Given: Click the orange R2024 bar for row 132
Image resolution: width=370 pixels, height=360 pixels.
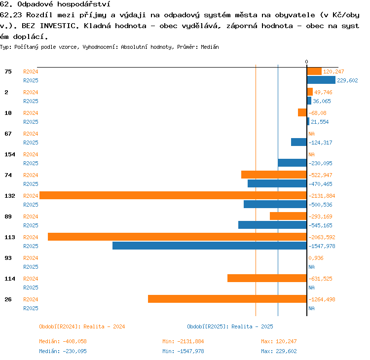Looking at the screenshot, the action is [x=173, y=195].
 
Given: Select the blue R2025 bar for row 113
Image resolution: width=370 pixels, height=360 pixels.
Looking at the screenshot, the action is [x=210, y=246].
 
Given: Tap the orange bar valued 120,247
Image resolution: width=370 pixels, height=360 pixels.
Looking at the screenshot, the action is [x=314, y=71].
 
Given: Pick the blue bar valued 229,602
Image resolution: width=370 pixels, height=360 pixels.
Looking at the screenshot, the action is [x=321, y=80].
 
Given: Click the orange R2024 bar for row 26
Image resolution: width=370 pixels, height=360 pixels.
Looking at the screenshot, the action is [x=227, y=299].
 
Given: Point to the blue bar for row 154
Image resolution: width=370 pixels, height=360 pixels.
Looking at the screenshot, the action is [x=293, y=163].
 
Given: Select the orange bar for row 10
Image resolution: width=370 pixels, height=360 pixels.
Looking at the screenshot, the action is [x=302, y=112].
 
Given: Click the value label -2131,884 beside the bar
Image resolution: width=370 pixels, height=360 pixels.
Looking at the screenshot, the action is [x=322, y=196].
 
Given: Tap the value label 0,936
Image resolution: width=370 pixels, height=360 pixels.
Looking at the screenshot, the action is [x=316, y=258].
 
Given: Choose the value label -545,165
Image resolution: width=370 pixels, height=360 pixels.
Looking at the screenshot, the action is [x=320, y=225].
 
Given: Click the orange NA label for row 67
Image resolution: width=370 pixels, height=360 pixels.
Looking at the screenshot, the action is [x=311, y=134].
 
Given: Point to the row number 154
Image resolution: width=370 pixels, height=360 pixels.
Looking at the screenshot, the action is [x=10, y=154].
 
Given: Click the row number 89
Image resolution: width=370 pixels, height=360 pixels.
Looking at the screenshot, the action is [x=8, y=216].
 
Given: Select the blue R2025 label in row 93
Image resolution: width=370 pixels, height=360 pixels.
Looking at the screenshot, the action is [x=31, y=267].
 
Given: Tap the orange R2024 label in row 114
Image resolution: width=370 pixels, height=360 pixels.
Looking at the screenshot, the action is [x=31, y=279].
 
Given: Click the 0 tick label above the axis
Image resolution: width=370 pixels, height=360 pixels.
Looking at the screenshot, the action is [x=306, y=62].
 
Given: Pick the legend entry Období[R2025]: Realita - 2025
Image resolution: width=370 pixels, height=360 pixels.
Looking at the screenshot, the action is [x=230, y=326].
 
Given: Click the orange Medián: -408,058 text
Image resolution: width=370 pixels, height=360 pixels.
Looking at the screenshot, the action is [x=63, y=341].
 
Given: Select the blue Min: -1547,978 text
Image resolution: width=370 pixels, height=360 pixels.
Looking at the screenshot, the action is [x=183, y=351].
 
